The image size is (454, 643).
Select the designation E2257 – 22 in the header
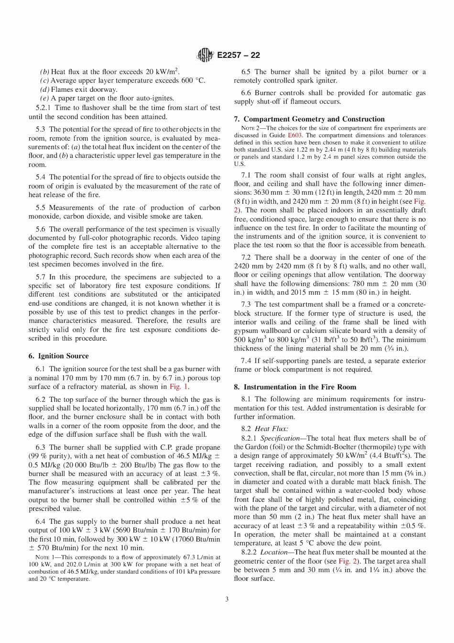(238, 55)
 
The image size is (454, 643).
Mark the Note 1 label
(46, 557)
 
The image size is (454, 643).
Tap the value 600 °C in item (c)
(193, 80)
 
